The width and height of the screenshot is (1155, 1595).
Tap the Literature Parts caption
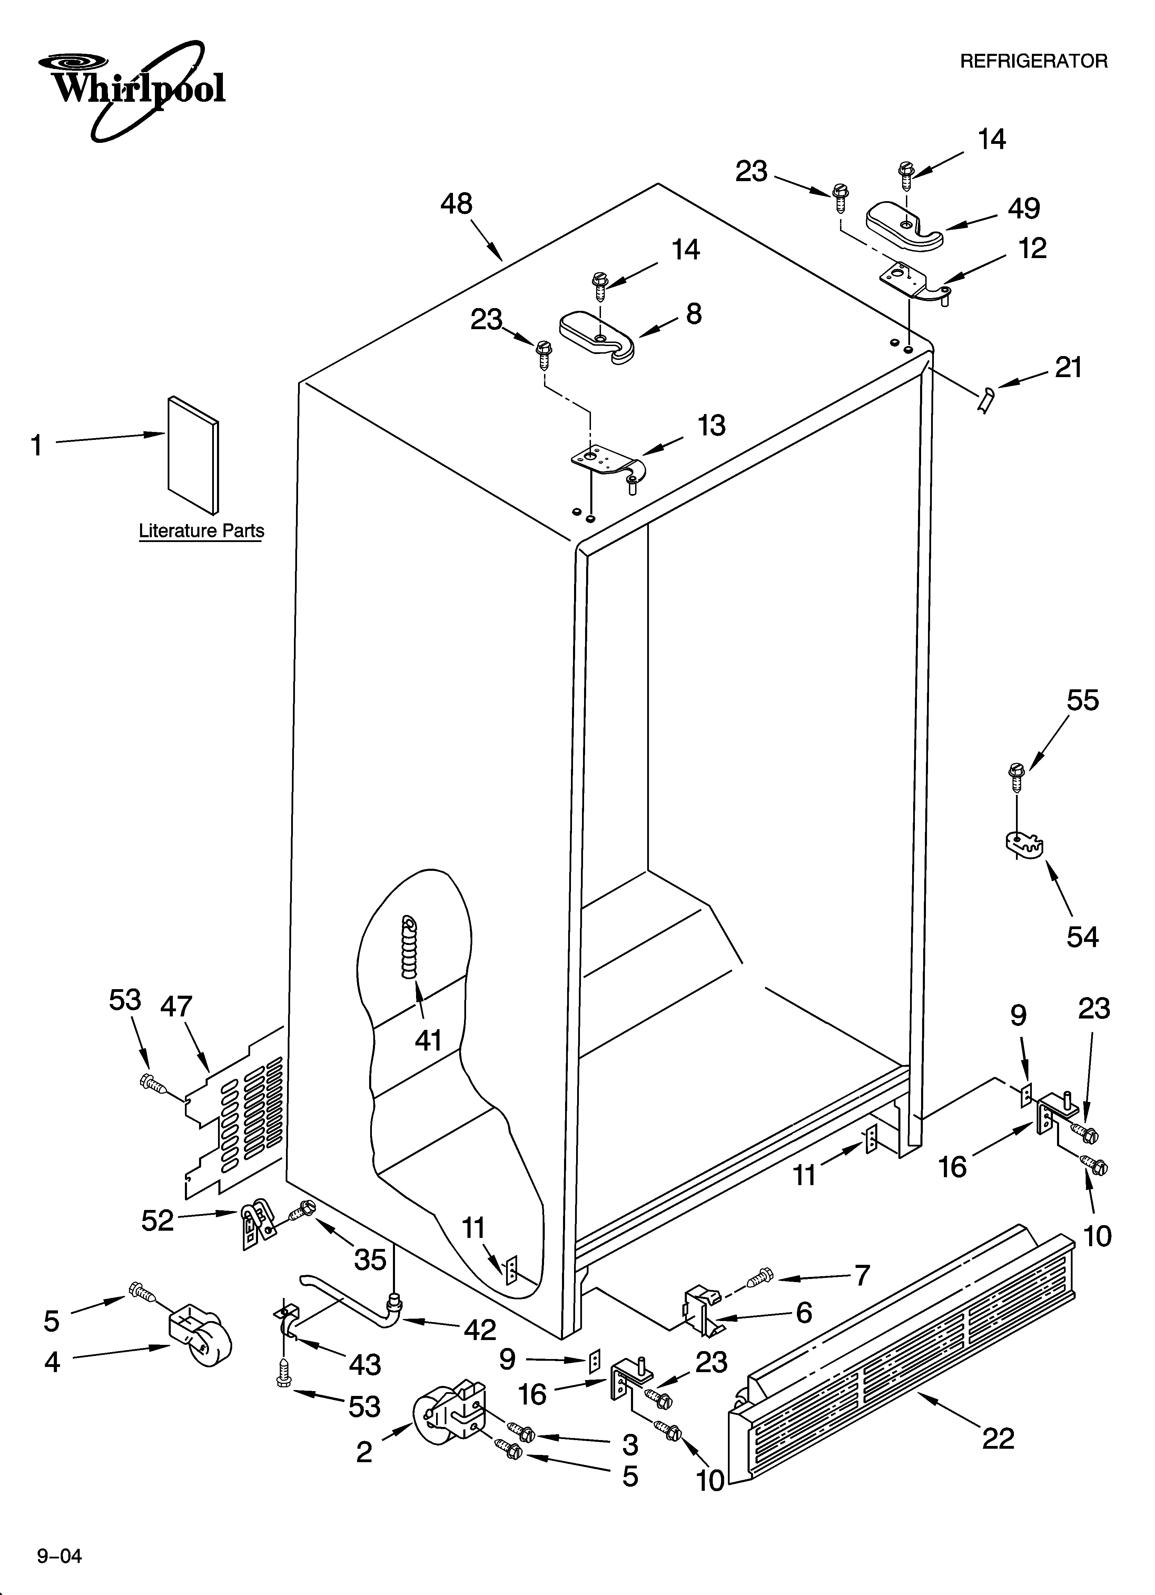201,531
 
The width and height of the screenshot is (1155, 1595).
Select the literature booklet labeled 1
193,454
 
